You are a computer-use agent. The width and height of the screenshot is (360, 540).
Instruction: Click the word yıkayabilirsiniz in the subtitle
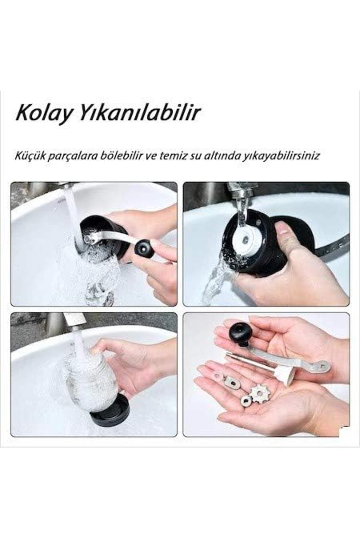[x=291, y=156]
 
